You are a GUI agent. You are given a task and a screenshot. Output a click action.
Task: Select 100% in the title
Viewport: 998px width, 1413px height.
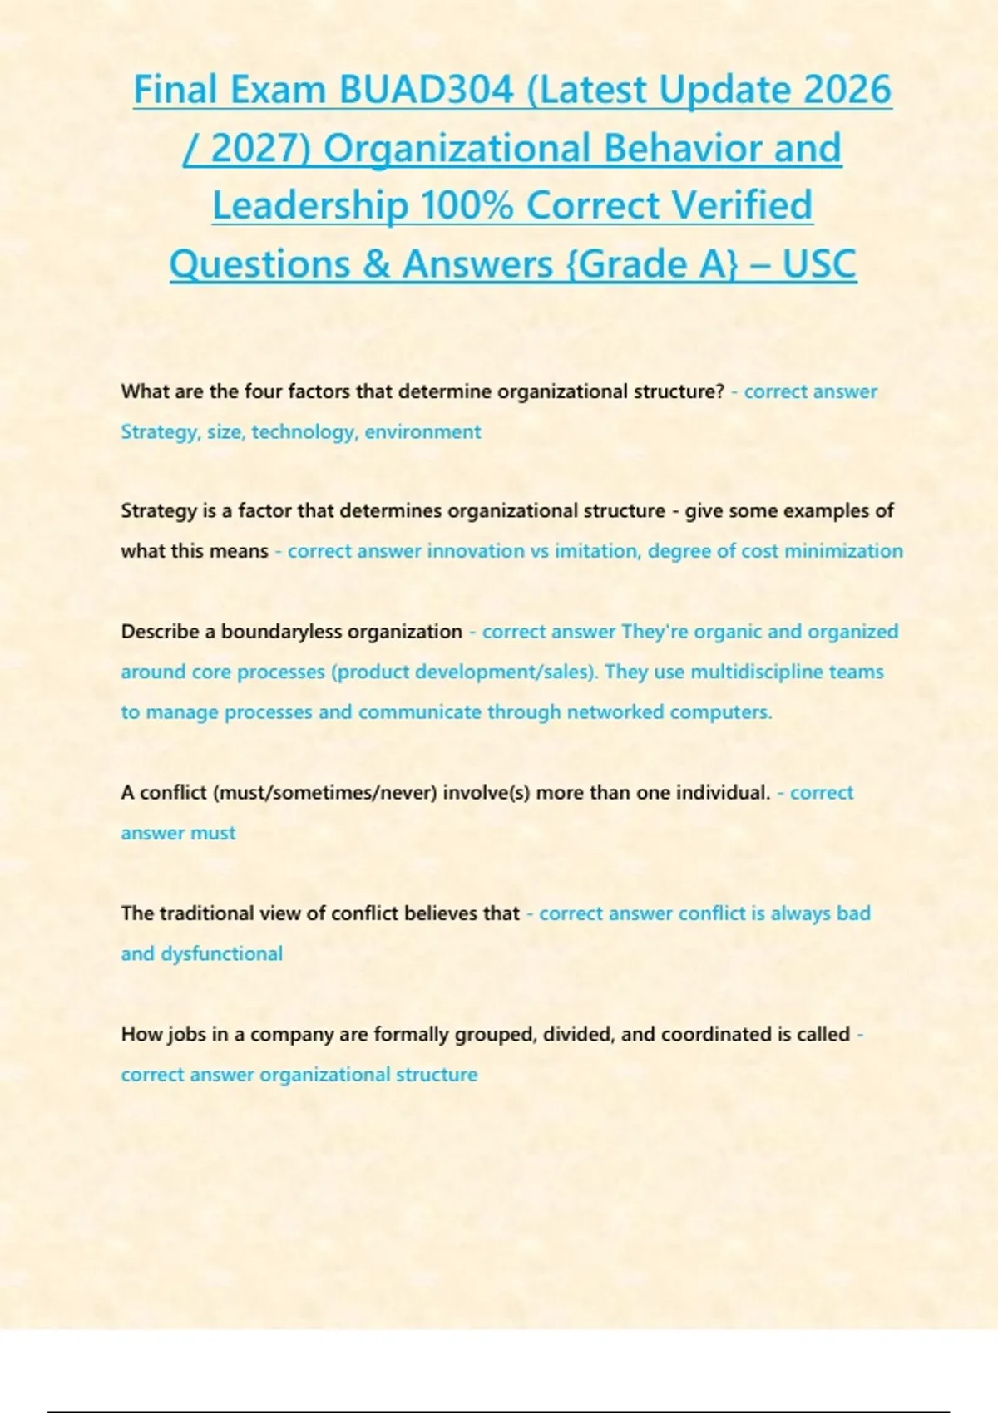[x=467, y=205]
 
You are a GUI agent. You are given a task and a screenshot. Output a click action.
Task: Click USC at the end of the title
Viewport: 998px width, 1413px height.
[x=819, y=264]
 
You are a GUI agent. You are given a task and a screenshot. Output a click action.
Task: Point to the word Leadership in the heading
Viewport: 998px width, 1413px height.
[x=309, y=205]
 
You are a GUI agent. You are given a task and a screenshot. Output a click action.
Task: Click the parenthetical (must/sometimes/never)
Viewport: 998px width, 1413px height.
[x=325, y=793]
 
